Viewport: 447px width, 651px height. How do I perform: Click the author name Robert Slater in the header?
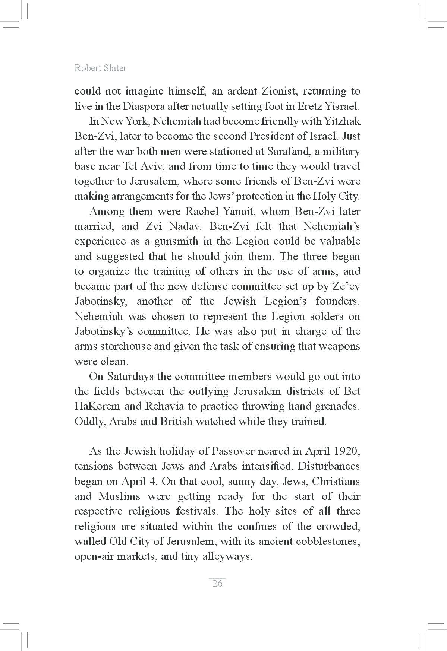point(100,68)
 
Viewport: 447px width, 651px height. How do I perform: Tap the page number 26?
point(217,583)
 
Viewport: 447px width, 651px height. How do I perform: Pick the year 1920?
point(347,451)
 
